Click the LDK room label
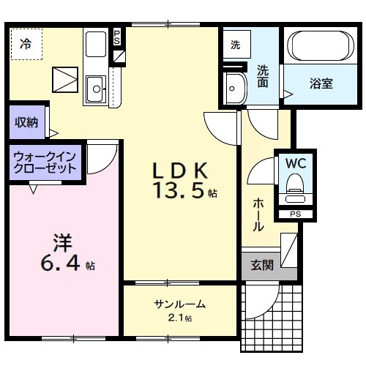pos(182,171)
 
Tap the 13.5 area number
pos(180,192)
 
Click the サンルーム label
pos(179,305)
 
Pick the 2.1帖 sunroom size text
pos(179,318)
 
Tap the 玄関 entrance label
pos(261,265)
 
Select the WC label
pos(296,162)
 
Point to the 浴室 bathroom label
pos(322,83)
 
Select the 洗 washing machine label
pos(235,45)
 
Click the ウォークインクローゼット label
pos(45,162)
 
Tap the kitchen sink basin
pos(95,90)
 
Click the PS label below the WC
pos(296,214)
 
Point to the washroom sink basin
pos(235,87)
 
